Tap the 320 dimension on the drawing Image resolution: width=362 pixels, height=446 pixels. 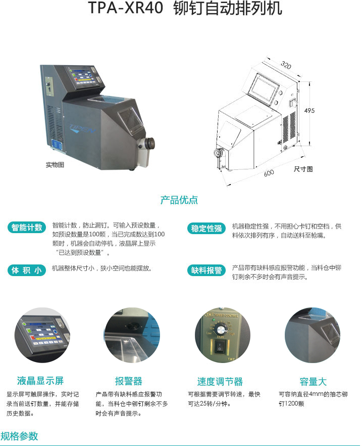[286, 66]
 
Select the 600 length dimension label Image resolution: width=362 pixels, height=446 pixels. [269, 173]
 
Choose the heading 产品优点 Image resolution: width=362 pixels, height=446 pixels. [179, 200]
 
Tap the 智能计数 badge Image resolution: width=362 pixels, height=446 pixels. [27, 228]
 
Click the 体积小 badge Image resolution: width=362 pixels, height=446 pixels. [27, 270]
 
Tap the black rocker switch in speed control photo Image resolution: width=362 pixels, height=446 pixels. [220, 347]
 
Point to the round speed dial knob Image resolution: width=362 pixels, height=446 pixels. [220, 329]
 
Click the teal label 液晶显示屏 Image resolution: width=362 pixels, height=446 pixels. [40, 381]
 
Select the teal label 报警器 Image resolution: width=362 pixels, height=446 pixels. [129, 381]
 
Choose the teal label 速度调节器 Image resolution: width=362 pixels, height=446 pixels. [220, 381]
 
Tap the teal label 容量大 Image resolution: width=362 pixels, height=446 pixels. [313, 381]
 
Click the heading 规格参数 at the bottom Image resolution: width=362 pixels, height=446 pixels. [19, 436]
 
